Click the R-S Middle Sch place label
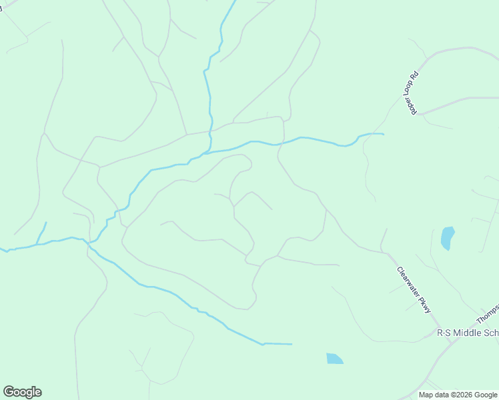click(x=467, y=332)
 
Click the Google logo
click(x=22, y=392)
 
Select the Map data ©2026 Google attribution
click(x=457, y=395)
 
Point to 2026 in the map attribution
click(x=462, y=395)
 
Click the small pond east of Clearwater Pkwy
click(x=447, y=238)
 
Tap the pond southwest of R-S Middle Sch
click(x=334, y=359)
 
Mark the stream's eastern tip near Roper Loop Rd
click(x=383, y=134)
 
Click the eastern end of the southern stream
click(x=292, y=344)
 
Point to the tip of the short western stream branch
click(x=46, y=222)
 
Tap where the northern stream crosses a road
click(x=211, y=132)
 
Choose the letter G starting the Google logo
click(x=9, y=392)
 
